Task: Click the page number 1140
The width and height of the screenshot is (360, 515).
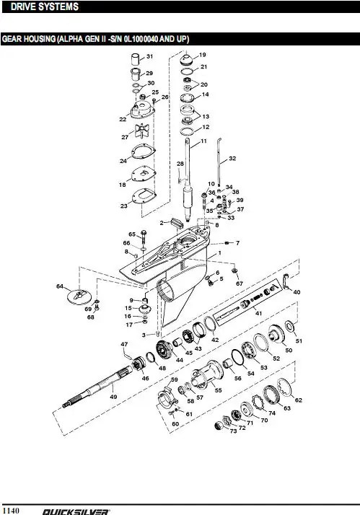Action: [x=11, y=510]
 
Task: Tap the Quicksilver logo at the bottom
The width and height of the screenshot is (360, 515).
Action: [x=76, y=511]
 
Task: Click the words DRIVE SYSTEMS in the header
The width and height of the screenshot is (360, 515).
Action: [x=45, y=6]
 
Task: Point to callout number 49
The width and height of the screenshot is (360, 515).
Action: [x=113, y=397]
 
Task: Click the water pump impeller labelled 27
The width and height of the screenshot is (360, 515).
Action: [x=142, y=131]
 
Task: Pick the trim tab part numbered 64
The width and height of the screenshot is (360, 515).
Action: [x=79, y=296]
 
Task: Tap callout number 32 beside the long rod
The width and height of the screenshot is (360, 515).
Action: [x=232, y=158]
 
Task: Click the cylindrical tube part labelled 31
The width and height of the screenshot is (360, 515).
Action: [x=136, y=59]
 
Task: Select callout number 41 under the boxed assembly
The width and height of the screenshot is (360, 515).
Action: [x=258, y=313]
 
